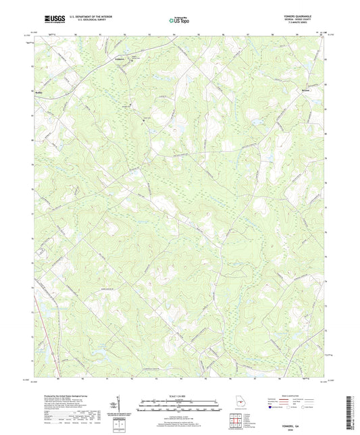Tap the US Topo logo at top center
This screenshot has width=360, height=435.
point(178,22)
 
